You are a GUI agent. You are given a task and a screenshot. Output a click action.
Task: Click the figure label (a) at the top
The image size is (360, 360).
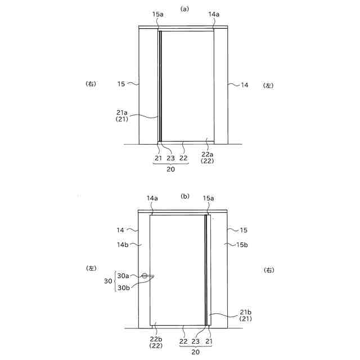click(184, 9)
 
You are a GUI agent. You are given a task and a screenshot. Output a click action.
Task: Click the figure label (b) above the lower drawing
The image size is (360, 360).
click(185, 196)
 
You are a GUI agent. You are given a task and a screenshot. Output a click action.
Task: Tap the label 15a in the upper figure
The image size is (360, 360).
click(158, 14)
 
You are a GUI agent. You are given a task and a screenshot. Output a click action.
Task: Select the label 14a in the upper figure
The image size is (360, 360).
click(214, 14)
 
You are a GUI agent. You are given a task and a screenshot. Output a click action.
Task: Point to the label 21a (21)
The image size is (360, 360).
click(122, 116)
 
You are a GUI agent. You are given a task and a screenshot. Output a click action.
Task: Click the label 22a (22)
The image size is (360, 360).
click(207, 157)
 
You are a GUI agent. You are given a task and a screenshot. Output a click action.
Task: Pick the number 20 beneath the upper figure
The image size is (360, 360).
click(170, 169)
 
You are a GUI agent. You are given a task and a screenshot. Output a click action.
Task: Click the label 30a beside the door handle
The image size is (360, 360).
click(123, 276)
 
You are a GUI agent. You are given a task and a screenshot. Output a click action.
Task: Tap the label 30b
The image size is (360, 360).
click(124, 287)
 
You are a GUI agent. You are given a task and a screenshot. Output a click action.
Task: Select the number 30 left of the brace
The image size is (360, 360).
click(108, 281)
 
